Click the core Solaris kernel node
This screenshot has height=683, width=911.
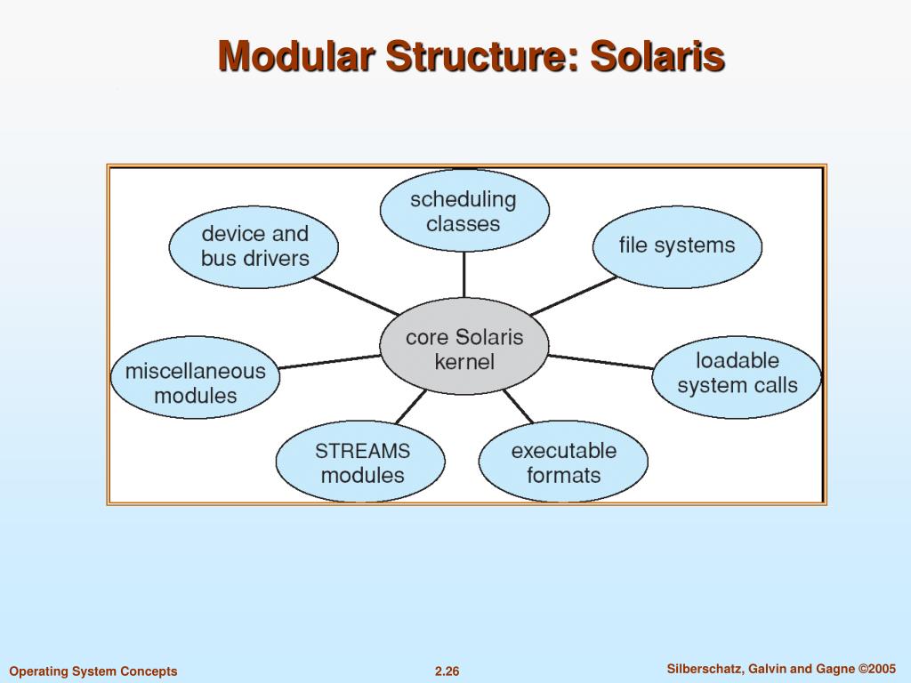464,349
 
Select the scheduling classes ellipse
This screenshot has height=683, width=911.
464,211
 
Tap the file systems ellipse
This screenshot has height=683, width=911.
677,245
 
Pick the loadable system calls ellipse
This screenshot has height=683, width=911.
737,374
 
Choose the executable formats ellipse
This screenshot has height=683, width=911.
563,462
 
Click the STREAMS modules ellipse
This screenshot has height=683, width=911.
361,462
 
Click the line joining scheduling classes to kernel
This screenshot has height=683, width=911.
464,274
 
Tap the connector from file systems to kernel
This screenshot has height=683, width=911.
574,295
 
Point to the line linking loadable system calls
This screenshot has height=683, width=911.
601,361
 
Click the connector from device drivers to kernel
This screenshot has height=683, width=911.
356,296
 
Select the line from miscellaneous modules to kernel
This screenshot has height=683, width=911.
329,362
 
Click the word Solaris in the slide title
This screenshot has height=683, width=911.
658,56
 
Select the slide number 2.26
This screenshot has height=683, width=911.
447,671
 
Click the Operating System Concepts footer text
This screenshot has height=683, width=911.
93,671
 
